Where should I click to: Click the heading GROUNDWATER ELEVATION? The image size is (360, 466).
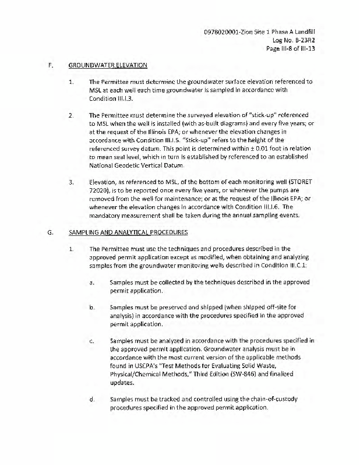107,65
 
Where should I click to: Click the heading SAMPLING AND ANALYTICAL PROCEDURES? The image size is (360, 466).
128,232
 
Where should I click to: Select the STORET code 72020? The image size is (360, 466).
98,191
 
